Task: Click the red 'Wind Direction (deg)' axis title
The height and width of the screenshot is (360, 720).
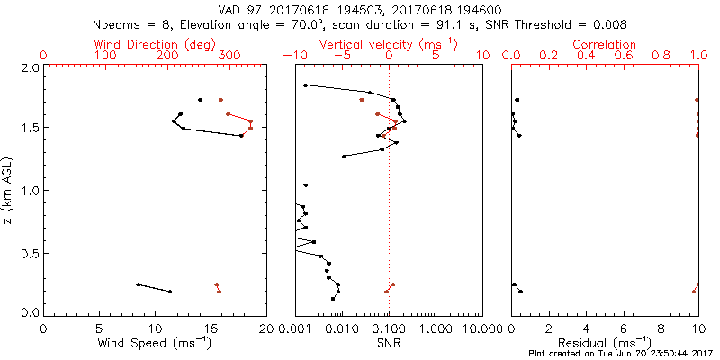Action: tap(155, 44)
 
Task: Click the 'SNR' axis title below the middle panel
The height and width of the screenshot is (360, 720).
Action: tap(389, 343)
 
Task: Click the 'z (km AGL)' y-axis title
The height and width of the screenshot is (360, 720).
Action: tap(10, 191)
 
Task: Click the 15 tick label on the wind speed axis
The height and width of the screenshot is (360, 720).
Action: tap(211, 328)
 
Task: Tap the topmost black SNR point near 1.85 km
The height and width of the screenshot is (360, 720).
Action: tap(306, 85)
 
